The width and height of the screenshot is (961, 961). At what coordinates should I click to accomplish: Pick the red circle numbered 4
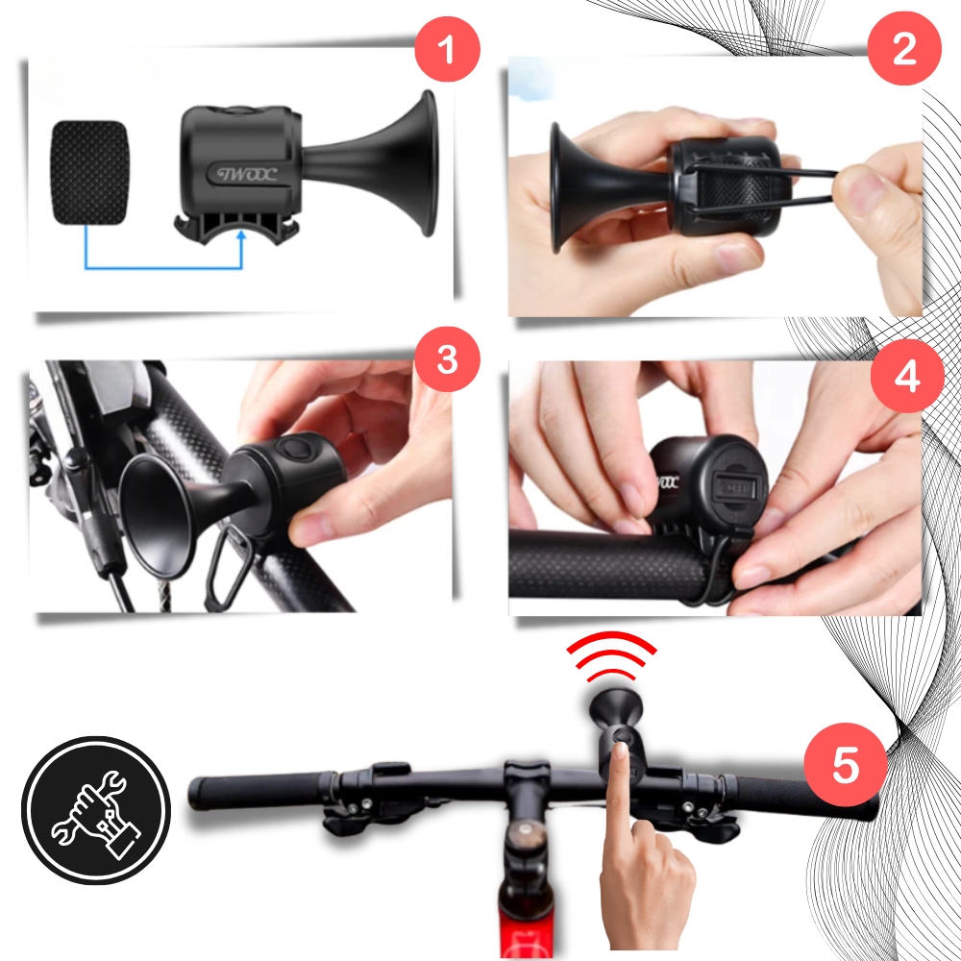click(x=906, y=374)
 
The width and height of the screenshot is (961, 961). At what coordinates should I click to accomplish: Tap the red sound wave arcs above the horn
click(x=611, y=654)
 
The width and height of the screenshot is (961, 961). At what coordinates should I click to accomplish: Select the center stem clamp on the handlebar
click(x=526, y=783)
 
